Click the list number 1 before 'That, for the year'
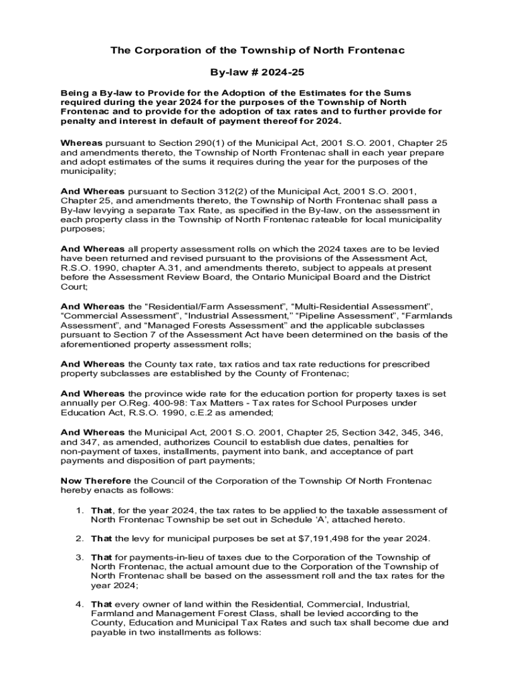[x=79, y=510]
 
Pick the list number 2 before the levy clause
[x=79, y=539]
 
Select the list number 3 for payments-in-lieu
[x=79, y=557]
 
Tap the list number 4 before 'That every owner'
[x=79, y=604]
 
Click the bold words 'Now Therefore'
[x=96, y=481]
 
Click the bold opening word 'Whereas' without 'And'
[x=82, y=143]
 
